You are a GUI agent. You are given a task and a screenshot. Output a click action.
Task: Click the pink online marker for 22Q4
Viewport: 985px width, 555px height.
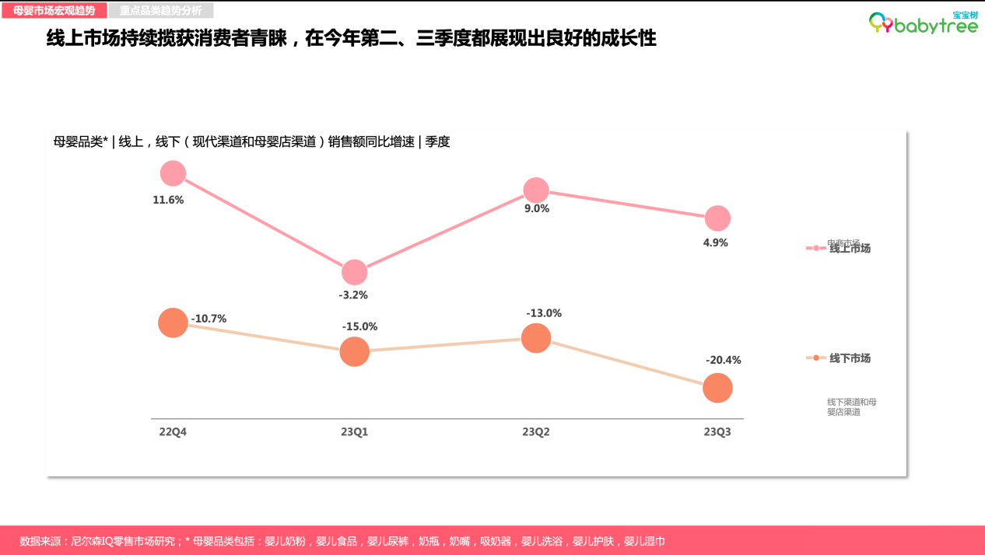pyautogui.click(x=173, y=173)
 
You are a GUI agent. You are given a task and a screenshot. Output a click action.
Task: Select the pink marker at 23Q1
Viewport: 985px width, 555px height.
pyautogui.click(x=354, y=273)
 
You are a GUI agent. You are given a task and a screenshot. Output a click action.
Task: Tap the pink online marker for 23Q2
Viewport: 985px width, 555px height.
pyautogui.click(x=536, y=190)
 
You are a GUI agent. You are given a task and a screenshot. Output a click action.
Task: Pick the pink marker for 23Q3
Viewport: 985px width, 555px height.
pyautogui.click(x=717, y=218)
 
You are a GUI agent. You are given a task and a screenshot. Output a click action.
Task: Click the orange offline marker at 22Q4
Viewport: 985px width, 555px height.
pyautogui.click(x=173, y=323)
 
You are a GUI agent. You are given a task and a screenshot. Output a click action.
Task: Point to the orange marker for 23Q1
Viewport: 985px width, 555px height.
pyautogui.click(x=354, y=351)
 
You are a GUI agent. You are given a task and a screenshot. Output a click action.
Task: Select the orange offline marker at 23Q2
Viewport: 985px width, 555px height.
pyautogui.click(x=536, y=338)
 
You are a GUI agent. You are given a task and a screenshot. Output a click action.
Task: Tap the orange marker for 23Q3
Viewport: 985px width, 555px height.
pyautogui.click(x=717, y=387)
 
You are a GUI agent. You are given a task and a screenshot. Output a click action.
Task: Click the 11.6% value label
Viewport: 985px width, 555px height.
pyautogui.click(x=168, y=200)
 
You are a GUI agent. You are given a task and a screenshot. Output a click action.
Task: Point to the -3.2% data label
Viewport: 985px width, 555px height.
pyautogui.click(x=353, y=295)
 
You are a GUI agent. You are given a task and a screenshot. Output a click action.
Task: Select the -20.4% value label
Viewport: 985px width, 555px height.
pyautogui.click(x=723, y=360)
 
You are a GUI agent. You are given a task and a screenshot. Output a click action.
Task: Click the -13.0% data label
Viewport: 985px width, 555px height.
pyautogui.click(x=544, y=313)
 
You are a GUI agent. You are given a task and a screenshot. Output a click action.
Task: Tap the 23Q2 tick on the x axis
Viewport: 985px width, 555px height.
pyautogui.click(x=536, y=431)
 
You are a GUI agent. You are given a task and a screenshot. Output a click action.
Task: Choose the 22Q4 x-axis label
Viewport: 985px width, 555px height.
pyautogui.click(x=173, y=431)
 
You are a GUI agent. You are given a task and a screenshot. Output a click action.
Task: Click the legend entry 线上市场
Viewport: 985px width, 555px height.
pyautogui.click(x=849, y=249)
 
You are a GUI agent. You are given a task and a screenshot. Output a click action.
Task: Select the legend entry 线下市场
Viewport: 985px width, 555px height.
pyautogui.click(x=849, y=358)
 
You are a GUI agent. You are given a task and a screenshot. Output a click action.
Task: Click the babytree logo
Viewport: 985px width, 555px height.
pyautogui.click(x=923, y=23)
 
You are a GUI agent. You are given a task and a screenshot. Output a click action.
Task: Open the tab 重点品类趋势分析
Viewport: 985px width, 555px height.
pyautogui.click(x=160, y=11)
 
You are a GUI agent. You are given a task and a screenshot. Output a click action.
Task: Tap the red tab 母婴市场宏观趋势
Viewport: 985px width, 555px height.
pyautogui.click(x=54, y=11)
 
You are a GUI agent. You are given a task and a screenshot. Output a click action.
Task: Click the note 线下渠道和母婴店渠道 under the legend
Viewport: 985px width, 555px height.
pyautogui.click(x=851, y=407)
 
